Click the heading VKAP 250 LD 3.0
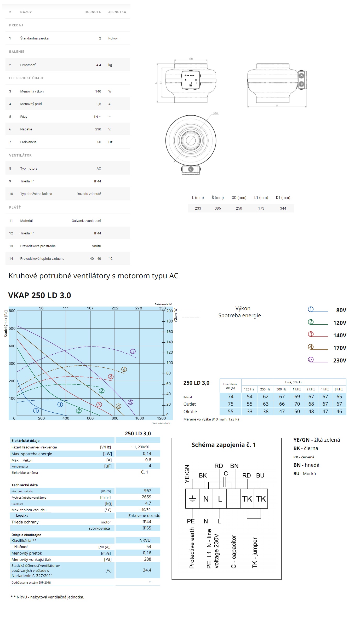pyautogui.click(x=39, y=295)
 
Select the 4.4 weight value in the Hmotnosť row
pyautogui.click(x=99, y=65)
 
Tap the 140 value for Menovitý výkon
pyautogui.click(x=98, y=91)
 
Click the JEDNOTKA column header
pyautogui.click(x=117, y=12)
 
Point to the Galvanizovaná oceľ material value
pyautogui.click(x=86, y=221)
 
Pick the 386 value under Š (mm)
pyautogui.click(x=218, y=208)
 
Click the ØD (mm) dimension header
pyautogui.click(x=239, y=198)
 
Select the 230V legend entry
pyautogui.click(x=340, y=360)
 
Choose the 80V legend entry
pyautogui.click(x=341, y=310)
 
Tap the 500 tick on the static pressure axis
pyautogui.click(x=12, y=328)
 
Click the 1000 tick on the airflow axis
pyautogui.click(x=139, y=418)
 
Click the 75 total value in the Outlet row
pyautogui.click(x=231, y=404)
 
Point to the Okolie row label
pyautogui.click(x=190, y=412)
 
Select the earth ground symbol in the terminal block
pyautogui.click(x=192, y=499)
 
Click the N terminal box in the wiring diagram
pyautogui.click(x=206, y=499)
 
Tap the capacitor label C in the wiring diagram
pyautogui.click(x=226, y=473)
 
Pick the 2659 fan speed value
pyautogui.click(x=146, y=497)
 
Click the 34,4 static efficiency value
pyautogui.click(x=147, y=570)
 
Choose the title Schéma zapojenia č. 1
pyautogui.click(x=224, y=445)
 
